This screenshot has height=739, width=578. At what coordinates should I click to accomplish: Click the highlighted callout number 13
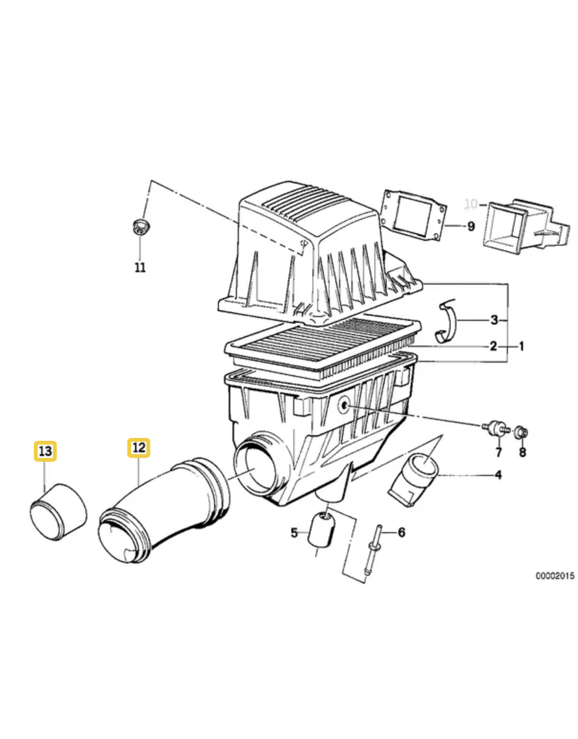click(46, 451)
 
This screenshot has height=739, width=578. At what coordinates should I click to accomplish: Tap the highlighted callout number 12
click(139, 447)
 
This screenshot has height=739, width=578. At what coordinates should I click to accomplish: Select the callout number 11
click(140, 268)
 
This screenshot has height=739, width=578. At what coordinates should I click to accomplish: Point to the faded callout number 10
click(471, 204)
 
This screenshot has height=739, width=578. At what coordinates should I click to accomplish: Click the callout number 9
click(471, 226)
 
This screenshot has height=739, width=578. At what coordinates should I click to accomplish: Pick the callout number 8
click(522, 452)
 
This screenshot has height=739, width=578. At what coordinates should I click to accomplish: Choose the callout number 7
click(499, 452)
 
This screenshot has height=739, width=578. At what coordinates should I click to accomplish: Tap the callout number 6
click(402, 532)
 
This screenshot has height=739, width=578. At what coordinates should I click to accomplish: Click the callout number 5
click(295, 533)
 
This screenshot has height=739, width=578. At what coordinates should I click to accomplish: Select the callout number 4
click(499, 475)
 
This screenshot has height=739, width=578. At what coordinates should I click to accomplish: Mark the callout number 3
click(494, 320)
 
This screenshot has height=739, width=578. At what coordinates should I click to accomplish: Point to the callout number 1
click(522, 346)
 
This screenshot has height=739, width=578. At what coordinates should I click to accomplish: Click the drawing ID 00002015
click(555, 575)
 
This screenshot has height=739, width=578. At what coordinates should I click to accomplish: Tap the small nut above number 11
click(139, 227)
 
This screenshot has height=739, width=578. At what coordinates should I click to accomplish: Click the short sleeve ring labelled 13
click(59, 512)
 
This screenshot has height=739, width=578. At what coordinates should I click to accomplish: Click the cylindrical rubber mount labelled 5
click(321, 530)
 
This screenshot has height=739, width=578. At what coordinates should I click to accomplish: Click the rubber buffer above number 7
click(496, 427)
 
